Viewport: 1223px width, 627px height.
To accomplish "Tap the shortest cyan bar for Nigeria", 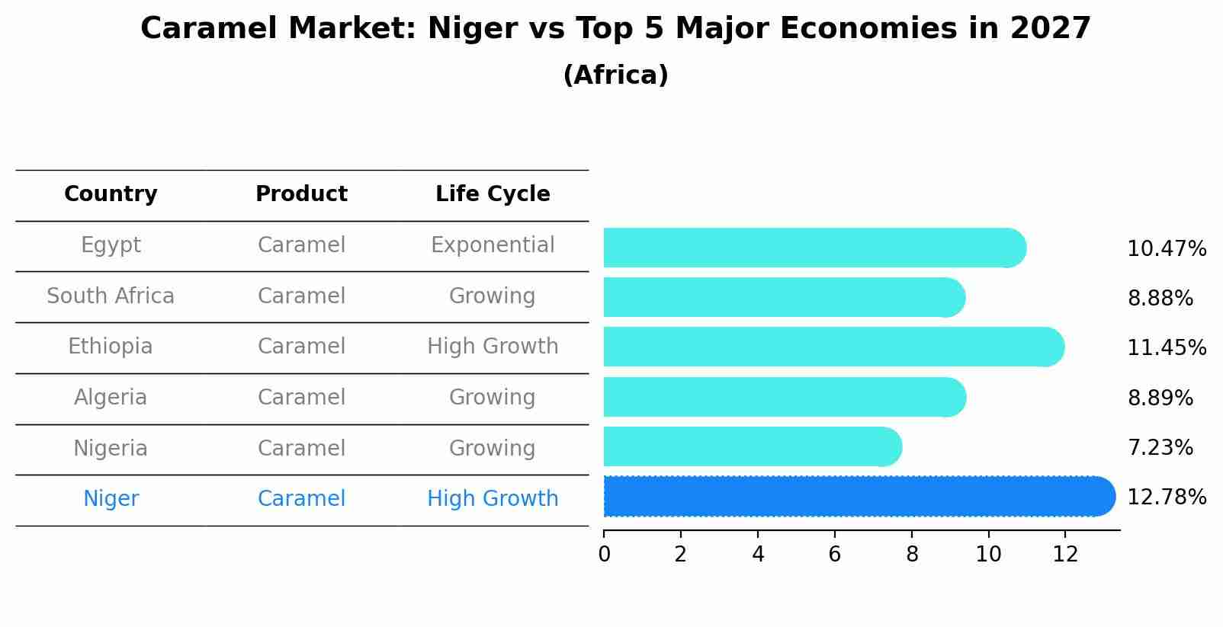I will click(x=752, y=447).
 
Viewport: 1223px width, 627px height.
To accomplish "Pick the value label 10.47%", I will click(x=1166, y=249).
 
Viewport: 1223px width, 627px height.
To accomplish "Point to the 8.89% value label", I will click(x=1160, y=398).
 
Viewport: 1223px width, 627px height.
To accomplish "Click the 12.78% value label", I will click(x=1166, y=497).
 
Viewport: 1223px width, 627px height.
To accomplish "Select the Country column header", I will click(x=111, y=194).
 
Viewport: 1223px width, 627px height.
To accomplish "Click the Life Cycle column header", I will click(x=493, y=194).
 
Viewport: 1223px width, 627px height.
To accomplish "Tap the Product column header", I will click(x=301, y=194).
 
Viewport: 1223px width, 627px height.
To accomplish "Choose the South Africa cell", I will click(x=111, y=296).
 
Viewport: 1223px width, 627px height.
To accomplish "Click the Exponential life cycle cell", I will click(x=493, y=245).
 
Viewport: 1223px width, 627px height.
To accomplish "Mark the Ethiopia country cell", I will click(x=111, y=347).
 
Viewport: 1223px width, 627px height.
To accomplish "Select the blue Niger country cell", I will click(x=111, y=499).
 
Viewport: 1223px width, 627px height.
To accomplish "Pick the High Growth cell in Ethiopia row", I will click(x=493, y=347).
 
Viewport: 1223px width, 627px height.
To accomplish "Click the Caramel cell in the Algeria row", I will click(x=301, y=398).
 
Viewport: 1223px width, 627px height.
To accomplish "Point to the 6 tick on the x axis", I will click(x=834, y=555).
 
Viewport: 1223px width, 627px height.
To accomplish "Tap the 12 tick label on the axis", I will click(x=1065, y=555).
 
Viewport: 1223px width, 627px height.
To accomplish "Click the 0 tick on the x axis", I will click(x=604, y=555).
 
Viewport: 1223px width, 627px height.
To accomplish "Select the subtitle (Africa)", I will click(x=615, y=75).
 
